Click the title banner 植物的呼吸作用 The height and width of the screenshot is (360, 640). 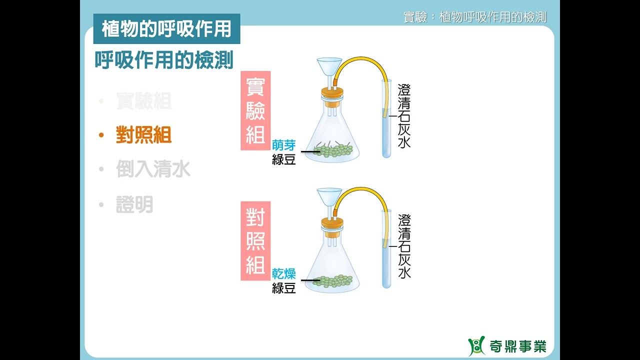(x=166, y=29)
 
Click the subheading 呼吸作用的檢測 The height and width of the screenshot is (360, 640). (x=164, y=60)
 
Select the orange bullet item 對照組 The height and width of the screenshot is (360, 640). (x=143, y=135)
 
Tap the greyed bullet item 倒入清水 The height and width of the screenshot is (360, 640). (x=153, y=169)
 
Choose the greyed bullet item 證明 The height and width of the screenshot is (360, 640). (x=134, y=204)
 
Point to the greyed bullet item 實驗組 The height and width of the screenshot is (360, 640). (x=143, y=101)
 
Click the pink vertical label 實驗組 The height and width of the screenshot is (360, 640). (x=255, y=110)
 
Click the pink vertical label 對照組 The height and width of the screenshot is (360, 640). (x=255, y=240)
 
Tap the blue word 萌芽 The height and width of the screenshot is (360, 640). (x=283, y=145)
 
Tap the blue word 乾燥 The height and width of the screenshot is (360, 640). (x=283, y=274)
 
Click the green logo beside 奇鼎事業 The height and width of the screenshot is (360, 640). (x=476, y=346)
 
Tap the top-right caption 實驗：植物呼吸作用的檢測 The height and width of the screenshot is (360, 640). (x=474, y=17)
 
